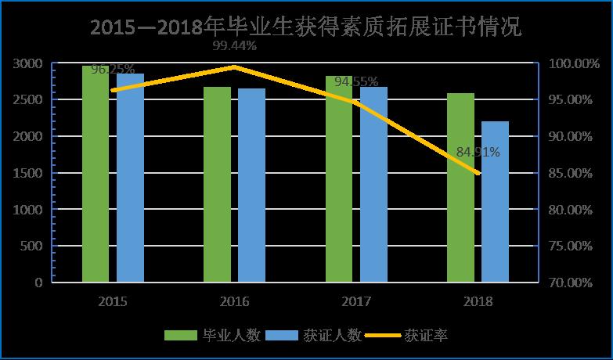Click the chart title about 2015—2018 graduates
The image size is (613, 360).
coord(305,27)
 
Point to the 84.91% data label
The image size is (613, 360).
coord(477,152)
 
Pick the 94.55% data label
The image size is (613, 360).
coord(356,81)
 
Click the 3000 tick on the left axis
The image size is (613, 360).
coord(27,63)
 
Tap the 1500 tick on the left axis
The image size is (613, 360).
coord(27,173)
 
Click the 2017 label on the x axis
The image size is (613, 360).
coord(356,301)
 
